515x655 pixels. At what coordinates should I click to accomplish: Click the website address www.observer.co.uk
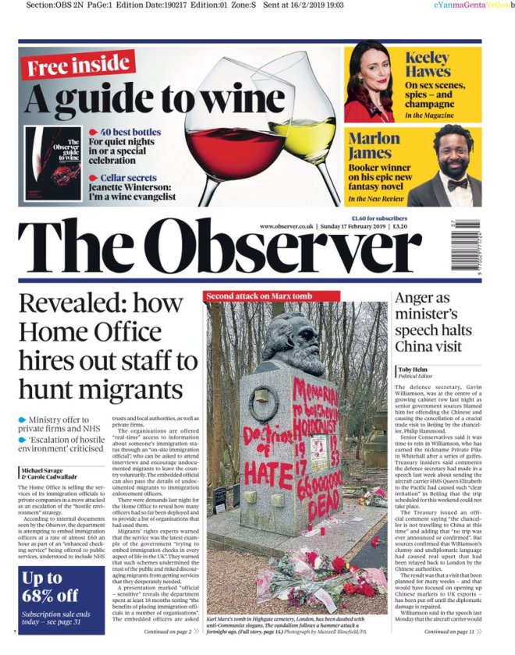pos(286,226)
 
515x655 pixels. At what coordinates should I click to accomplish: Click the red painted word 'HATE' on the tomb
pos(268,472)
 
